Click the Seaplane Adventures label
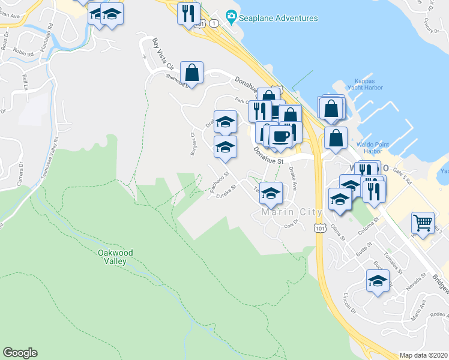278,18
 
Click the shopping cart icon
423,223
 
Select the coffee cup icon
280,136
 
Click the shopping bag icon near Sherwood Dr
191,73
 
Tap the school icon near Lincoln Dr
378,281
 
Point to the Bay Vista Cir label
162,53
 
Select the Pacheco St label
220,182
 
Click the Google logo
20,353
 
